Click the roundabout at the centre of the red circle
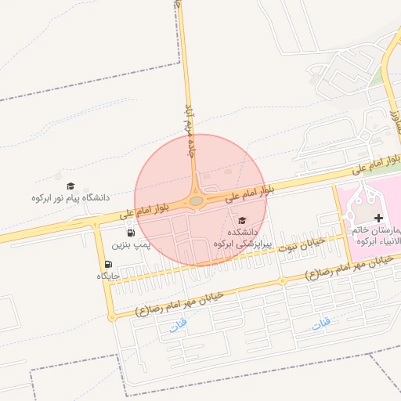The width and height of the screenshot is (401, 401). coord(196,201)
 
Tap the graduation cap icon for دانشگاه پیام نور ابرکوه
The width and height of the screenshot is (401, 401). coord(70,186)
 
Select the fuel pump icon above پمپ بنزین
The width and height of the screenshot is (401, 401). coord(129,233)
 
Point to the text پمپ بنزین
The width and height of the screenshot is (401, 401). coord(128,245)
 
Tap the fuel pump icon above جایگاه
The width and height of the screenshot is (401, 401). coord(107,264)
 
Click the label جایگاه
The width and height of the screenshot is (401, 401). coord(107,276)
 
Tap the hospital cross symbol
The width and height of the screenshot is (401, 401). coord(379,217)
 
